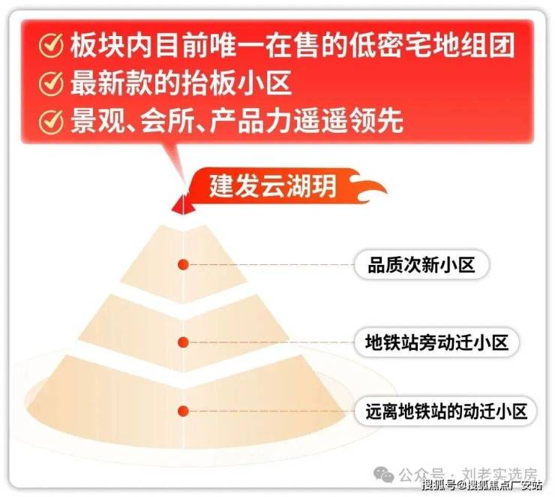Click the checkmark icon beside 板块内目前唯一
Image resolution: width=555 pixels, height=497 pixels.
[51, 45]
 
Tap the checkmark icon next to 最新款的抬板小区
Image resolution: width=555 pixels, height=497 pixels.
[51, 83]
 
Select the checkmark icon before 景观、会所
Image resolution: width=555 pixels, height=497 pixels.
[51, 122]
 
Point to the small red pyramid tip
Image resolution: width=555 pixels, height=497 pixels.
[183, 205]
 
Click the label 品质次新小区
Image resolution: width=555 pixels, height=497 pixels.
[421, 264]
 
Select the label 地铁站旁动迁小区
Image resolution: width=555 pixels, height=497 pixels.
[436, 342]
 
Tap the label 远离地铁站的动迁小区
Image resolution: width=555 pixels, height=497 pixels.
[446, 411]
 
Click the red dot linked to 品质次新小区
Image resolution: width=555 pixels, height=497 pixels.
[183, 264]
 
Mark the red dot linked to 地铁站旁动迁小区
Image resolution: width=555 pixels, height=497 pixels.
[183, 342]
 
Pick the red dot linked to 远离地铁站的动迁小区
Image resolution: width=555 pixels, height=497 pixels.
[183, 411]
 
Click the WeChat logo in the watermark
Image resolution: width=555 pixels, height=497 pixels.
[384, 474]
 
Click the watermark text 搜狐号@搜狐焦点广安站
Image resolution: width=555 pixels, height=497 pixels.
[481, 485]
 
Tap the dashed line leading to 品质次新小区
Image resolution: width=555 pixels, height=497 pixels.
[271, 264]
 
